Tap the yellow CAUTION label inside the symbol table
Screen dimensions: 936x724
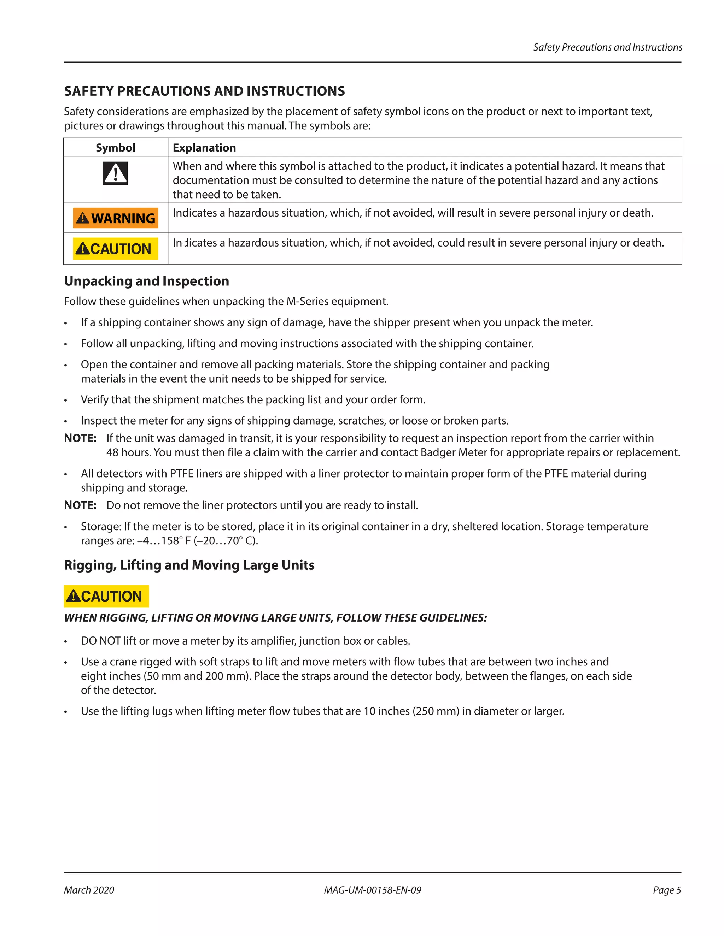coord(115,249)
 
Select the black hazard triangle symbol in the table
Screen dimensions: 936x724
coord(115,173)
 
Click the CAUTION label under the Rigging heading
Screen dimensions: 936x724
coord(106,596)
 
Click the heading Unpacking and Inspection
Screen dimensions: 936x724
coord(146,281)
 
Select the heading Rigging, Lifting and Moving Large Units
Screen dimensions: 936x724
coord(189,565)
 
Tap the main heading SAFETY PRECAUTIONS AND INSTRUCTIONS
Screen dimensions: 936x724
coord(204,91)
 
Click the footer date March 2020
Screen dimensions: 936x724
coord(89,890)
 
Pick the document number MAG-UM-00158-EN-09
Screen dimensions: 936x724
coord(372,890)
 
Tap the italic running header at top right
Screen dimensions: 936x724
coord(607,47)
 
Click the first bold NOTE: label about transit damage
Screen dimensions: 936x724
coord(80,438)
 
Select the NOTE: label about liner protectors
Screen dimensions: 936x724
coord(80,505)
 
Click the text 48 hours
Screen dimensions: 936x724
coord(128,452)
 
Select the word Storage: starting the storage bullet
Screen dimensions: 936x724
coord(101,526)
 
